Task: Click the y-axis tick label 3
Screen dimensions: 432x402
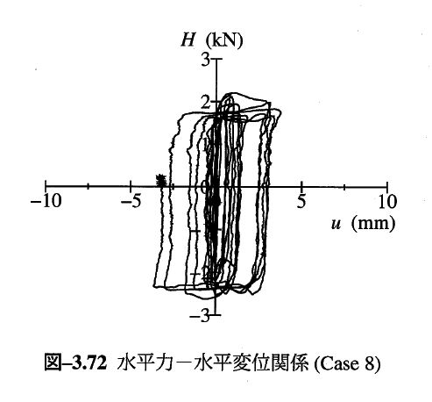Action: click(206, 60)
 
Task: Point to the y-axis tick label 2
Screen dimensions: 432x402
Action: click(206, 102)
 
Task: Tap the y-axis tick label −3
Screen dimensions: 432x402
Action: click(200, 316)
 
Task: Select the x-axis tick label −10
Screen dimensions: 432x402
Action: click(46, 202)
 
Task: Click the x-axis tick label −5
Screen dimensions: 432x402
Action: click(131, 202)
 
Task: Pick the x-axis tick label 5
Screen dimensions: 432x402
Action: click(301, 202)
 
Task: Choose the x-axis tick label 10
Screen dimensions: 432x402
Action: click(387, 202)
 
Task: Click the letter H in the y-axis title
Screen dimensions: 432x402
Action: click(188, 40)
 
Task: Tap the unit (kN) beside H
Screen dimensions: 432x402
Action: click(224, 41)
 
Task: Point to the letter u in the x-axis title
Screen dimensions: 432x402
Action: click(336, 225)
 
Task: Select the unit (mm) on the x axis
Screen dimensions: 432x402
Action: click(373, 224)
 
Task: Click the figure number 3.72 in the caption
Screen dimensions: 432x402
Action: click(89, 363)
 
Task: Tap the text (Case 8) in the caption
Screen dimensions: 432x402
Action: click(347, 364)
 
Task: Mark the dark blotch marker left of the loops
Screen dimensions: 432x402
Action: click(160, 180)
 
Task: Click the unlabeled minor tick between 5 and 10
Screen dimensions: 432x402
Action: click(344, 187)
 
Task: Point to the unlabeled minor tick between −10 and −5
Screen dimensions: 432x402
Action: click(89, 186)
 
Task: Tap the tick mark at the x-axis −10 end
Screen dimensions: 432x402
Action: click(46, 185)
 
